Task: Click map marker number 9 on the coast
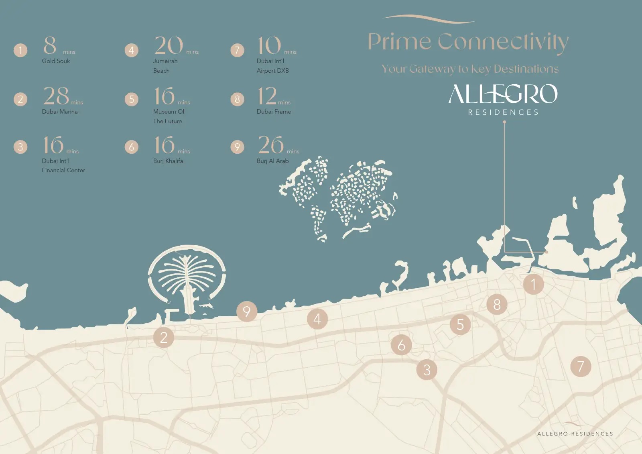coord(247,311)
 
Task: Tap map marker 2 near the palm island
coord(164,337)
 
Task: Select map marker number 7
coord(581,366)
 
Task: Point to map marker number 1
coord(533,284)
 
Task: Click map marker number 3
coord(427,370)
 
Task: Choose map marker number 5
coord(460,324)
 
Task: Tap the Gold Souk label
coord(56,61)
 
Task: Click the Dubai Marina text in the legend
coord(60,112)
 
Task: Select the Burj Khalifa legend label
coord(168,161)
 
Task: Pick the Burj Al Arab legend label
coord(273,161)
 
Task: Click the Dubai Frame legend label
coord(274,112)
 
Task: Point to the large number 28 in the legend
coord(56,96)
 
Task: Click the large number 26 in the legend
coord(271,145)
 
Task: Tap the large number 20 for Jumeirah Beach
coord(169,45)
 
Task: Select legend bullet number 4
coord(131,50)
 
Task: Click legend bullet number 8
coord(237,99)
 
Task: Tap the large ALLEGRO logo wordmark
coord(503,94)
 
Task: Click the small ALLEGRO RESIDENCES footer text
coord(575,434)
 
